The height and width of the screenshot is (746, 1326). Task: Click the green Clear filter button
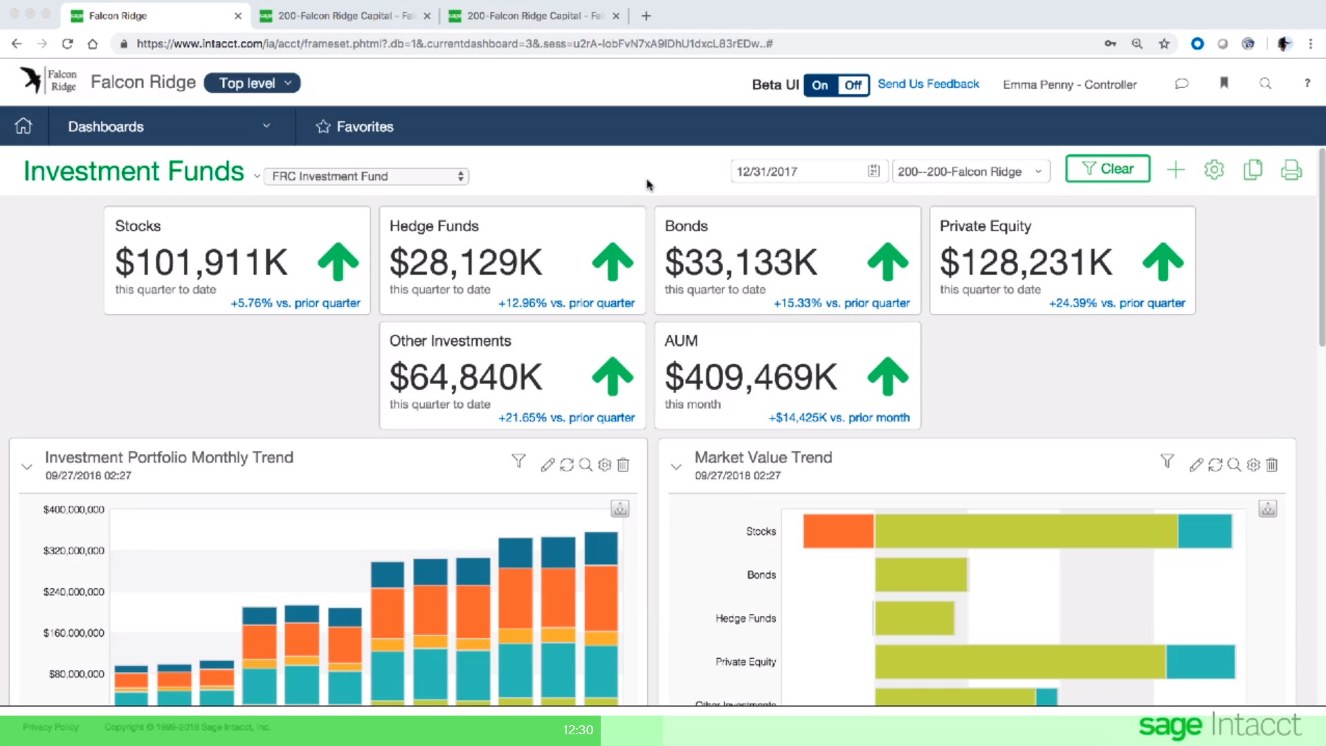(1107, 169)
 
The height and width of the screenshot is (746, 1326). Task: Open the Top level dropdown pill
(252, 83)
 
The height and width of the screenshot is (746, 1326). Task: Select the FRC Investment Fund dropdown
(366, 176)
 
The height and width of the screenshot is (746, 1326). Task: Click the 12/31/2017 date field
(799, 172)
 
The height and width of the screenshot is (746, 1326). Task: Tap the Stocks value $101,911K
(201, 263)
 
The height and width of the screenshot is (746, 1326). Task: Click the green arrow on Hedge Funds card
(612, 262)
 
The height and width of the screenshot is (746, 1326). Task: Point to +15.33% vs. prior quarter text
(841, 303)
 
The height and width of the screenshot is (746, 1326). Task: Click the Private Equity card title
(985, 226)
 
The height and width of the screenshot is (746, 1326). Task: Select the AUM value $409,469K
(751, 378)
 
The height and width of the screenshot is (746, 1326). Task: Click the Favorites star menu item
(355, 127)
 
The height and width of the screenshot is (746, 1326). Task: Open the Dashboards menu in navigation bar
(169, 127)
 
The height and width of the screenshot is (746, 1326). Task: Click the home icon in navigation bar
(24, 126)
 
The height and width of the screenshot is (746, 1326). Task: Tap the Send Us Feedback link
(928, 84)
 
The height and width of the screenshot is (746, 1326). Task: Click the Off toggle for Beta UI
(853, 85)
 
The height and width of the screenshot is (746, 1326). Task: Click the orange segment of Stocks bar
(838, 531)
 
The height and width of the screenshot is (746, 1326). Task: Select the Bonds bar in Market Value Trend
(920, 575)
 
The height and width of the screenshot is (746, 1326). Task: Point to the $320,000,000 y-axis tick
(73, 551)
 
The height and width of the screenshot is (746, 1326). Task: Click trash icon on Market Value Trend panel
(1272, 465)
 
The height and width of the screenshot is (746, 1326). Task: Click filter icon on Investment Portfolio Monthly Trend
(518, 461)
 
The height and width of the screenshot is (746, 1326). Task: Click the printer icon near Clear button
(1291, 170)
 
